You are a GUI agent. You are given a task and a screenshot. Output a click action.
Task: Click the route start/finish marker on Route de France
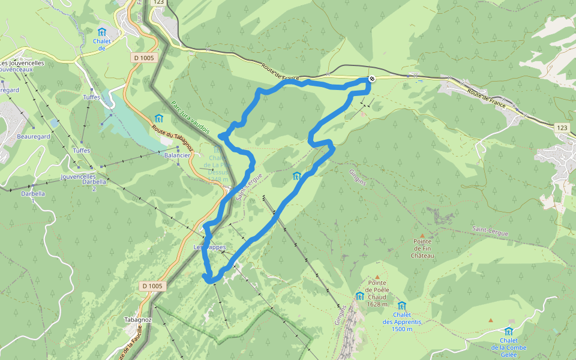[x=372, y=79]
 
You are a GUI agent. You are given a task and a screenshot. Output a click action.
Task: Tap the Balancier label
[x=177, y=155]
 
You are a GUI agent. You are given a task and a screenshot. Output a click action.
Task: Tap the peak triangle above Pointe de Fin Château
[x=422, y=235]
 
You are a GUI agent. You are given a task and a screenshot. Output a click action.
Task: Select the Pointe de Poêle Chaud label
[x=377, y=289]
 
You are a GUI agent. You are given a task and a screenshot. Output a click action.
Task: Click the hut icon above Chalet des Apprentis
[x=401, y=305]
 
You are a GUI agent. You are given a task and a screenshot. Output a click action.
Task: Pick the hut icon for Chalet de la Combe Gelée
[x=509, y=332]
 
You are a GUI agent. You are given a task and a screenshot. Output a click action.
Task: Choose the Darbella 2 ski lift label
[x=94, y=185]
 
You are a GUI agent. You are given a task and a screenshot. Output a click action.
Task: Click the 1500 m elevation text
[x=402, y=329]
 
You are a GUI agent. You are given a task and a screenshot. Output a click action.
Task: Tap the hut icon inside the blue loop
[x=296, y=176]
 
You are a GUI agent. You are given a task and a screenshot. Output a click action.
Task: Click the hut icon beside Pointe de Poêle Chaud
[x=359, y=296]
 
